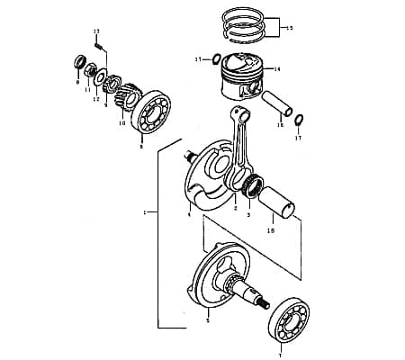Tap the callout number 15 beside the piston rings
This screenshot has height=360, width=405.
288,29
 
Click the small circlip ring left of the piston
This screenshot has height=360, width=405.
217,59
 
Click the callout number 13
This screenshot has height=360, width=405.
96,31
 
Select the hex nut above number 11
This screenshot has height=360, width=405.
92,69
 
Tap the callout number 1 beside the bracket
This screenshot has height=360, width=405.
143,213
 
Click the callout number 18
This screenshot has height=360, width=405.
271,230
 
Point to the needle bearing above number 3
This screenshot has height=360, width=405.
251,187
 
